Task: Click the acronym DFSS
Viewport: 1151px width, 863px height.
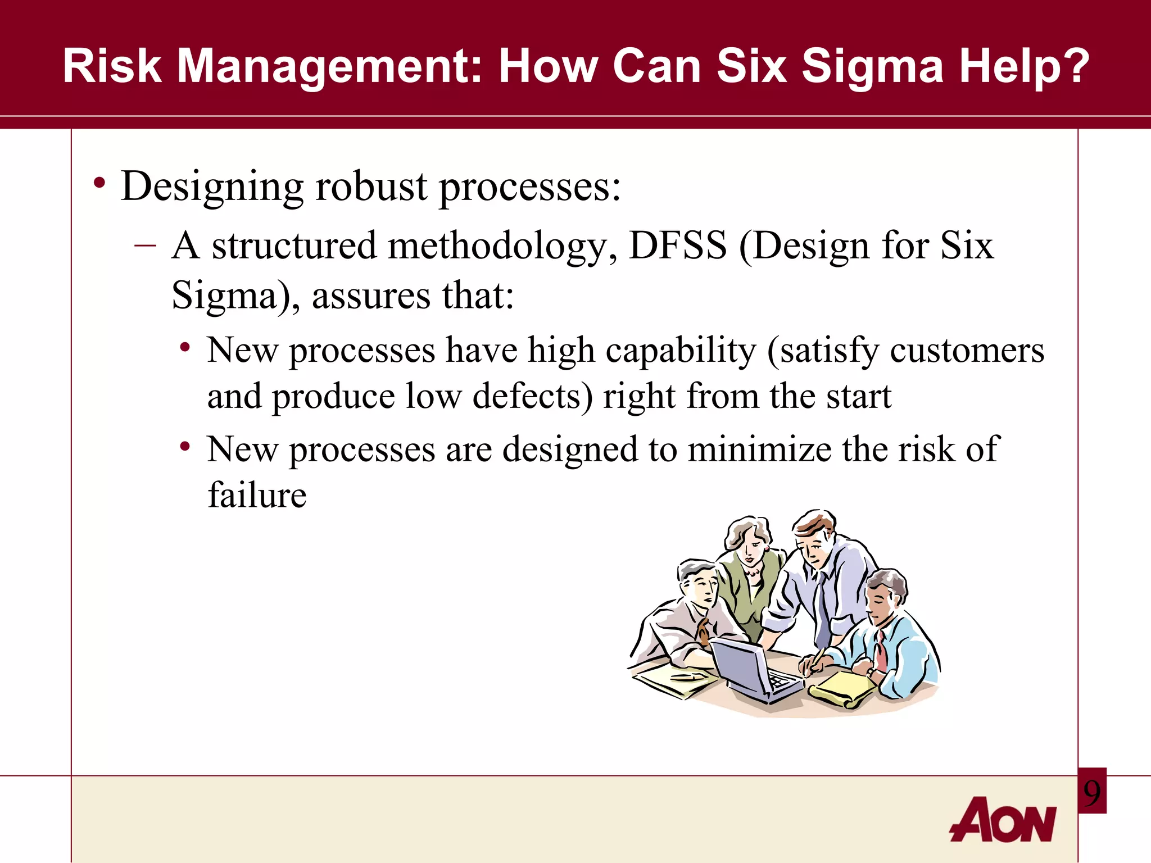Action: pos(677,246)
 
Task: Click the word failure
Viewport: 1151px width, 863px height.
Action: pos(257,496)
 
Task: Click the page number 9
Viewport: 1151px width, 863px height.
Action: pos(1092,793)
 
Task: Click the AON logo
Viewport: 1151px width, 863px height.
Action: pos(1003,820)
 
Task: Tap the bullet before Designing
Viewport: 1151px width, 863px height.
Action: pos(99,183)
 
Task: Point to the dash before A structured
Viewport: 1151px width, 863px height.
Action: pos(145,246)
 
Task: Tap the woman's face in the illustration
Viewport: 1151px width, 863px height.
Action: pos(753,551)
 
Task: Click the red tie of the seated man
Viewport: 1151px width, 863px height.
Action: pos(882,652)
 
